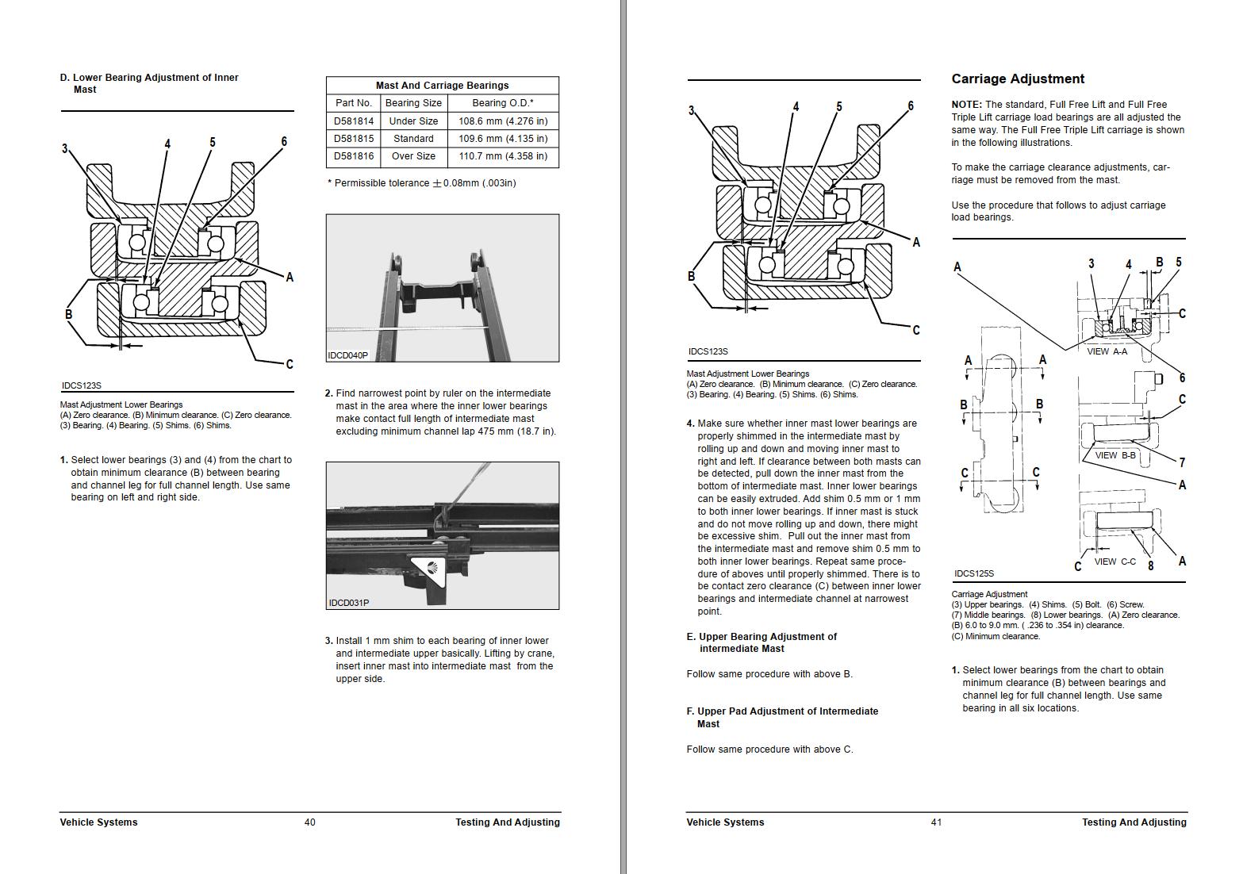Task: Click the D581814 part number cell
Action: click(x=353, y=121)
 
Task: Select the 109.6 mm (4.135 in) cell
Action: click(x=503, y=139)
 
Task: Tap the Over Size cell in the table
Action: click(x=413, y=156)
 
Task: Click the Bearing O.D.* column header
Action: click(x=503, y=103)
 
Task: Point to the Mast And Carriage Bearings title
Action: click(x=442, y=86)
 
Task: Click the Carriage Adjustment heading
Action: click(x=1018, y=79)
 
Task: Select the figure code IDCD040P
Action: click(x=348, y=355)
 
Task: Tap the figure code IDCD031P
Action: click(x=349, y=603)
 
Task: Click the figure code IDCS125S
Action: click(x=974, y=573)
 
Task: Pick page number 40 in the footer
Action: click(x=310, y=822)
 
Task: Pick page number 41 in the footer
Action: click(x=937, y=822)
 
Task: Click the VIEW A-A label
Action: click(x=1107, y=351)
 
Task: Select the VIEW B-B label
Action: click(x=1115, y=456)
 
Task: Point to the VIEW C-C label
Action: click(x=1114, y=562)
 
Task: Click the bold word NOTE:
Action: click(x=966, y=105)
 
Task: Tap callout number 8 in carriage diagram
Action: click(x=1151, y=565)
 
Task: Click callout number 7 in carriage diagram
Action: click(x=1182, y=462)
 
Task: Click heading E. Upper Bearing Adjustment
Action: click(x=762, y=642)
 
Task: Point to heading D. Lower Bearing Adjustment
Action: click(x=149, y=83)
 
